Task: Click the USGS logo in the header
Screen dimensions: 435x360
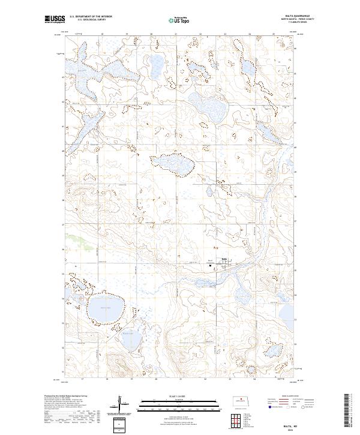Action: point(55,20)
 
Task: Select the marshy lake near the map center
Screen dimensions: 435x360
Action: point(175,164)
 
